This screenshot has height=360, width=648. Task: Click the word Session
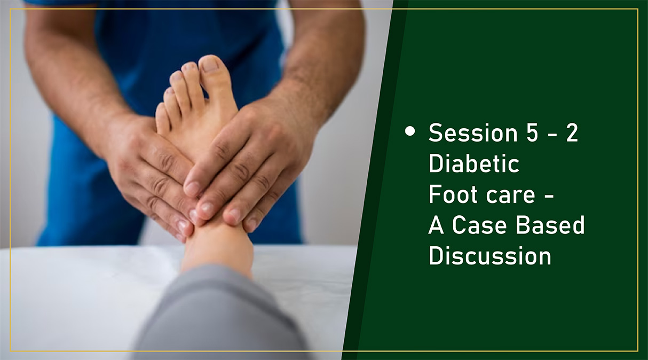[473, 133]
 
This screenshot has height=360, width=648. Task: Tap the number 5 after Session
[532, 133]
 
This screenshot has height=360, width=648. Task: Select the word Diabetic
[474, 163]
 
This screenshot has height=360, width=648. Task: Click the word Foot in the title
[453, 194]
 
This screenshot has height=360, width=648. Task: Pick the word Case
[479, 225]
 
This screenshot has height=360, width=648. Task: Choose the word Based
[550, 225]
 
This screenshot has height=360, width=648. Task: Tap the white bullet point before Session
[410, 131]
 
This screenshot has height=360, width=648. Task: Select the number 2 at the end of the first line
[572, 133]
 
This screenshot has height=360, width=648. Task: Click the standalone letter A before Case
[436, 225]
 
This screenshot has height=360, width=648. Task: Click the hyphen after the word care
[549, 198]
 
